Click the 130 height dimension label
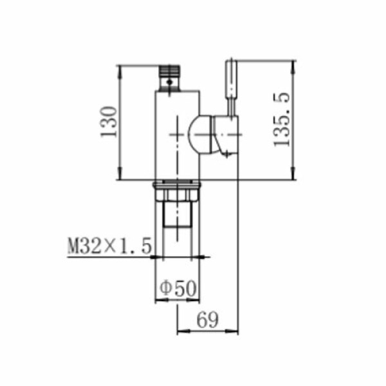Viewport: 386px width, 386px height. tap(109, 122)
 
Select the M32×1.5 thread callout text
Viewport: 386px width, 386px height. tap(109, 246)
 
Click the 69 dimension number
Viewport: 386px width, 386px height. tap(207, 320)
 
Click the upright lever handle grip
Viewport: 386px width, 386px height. tap(231, 78)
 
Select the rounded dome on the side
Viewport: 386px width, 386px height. tap(200, 134)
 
